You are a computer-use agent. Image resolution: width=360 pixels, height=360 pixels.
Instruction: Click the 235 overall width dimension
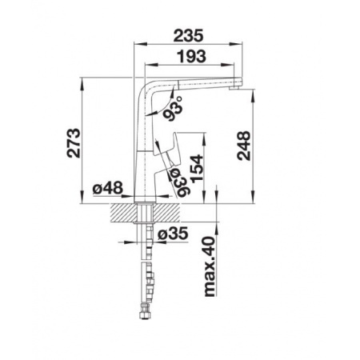(x=188, y=36)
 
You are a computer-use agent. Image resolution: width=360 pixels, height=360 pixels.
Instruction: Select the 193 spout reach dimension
(x=192, y=57)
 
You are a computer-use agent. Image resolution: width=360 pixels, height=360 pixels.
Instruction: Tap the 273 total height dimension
(x=74, y=143)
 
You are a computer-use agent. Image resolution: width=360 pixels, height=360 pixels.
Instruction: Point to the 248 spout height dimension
(x=244, y=146)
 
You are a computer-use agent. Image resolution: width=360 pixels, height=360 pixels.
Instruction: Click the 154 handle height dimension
(x=197, y=169)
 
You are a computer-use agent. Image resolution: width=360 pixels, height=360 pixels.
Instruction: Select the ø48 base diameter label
(x=108, y=189)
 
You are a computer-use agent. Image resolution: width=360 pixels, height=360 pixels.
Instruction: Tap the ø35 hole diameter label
(x=173, y=234)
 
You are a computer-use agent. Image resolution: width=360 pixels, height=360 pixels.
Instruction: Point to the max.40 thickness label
(x=210, y=266)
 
